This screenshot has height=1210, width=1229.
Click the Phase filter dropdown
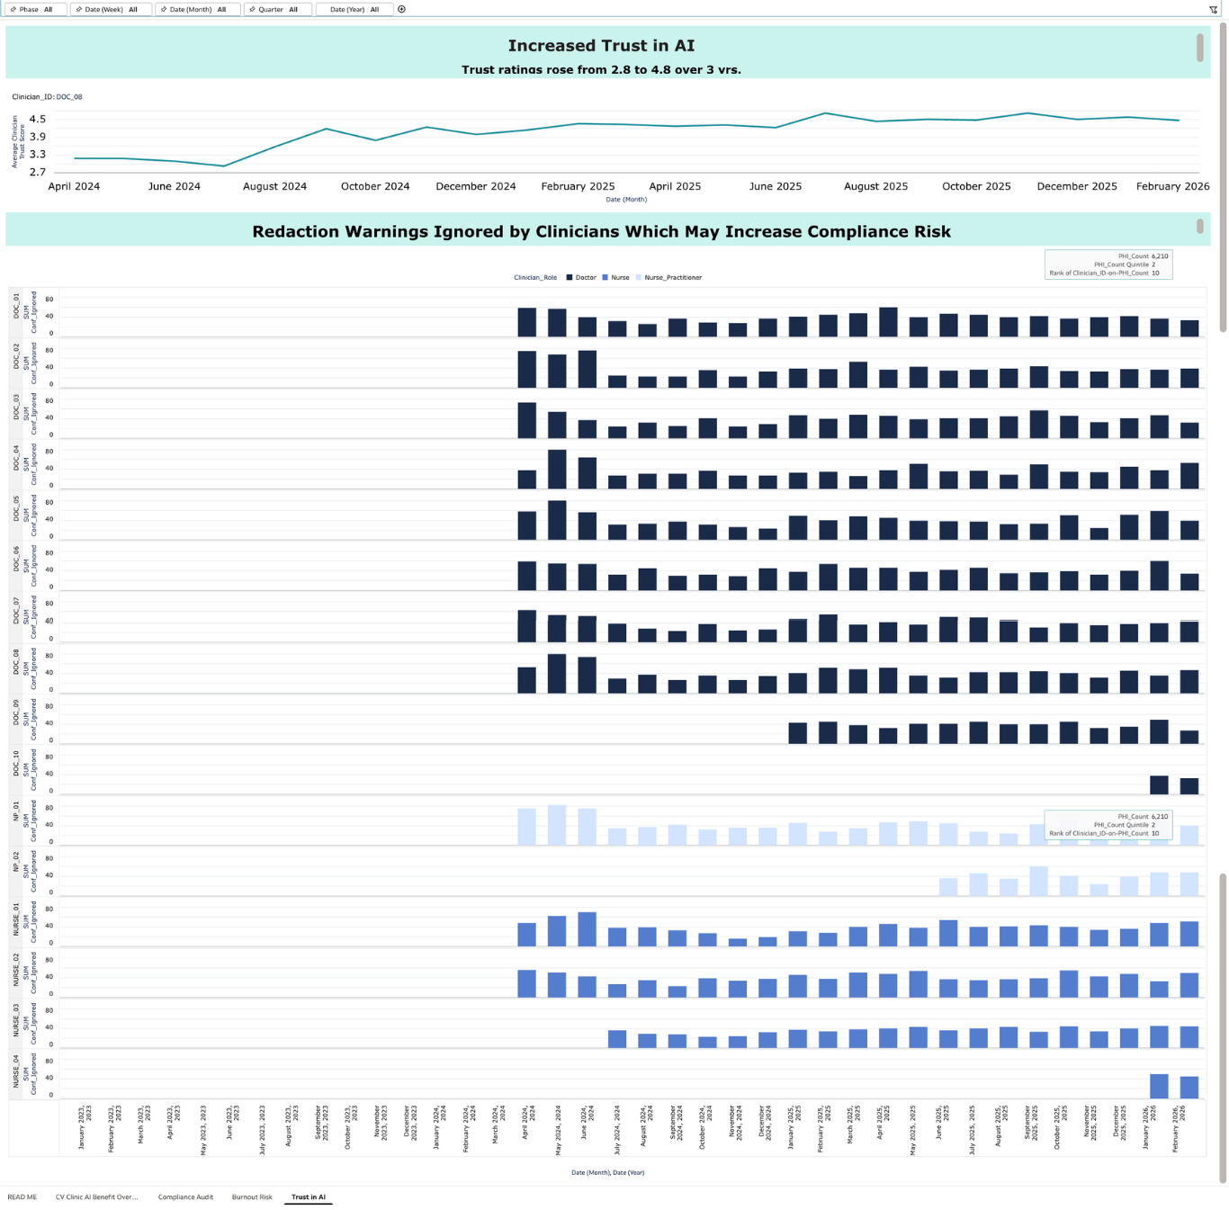click(x=36, y=10)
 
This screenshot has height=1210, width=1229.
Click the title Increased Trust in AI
click(x=601, y=46)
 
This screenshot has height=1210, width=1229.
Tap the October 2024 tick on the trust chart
click(x=375, y=186)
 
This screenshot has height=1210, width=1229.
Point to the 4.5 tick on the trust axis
click(x=37, y=119)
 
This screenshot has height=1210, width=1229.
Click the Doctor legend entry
click(x=581, y=278)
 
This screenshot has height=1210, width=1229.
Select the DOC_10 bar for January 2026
click(x=1159, y=784)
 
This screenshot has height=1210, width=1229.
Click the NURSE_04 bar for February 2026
click(x=1189, y=1087)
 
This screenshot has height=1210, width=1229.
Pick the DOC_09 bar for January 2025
click(x=797, y=732)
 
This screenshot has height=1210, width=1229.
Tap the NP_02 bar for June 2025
click(x=948, y=887)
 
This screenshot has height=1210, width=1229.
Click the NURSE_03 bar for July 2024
click(x=617, y=1039)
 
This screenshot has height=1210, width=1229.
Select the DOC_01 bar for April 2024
click(x=527, y=322)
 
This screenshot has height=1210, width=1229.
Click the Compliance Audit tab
click(x=185, y=1197)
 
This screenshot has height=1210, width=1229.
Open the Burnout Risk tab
click(x=252, y=1197)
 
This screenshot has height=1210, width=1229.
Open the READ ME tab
click(x=22, y=1197)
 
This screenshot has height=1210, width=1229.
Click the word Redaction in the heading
click(x=294, y=232)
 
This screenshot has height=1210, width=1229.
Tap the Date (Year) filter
click(x=354, y=10)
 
